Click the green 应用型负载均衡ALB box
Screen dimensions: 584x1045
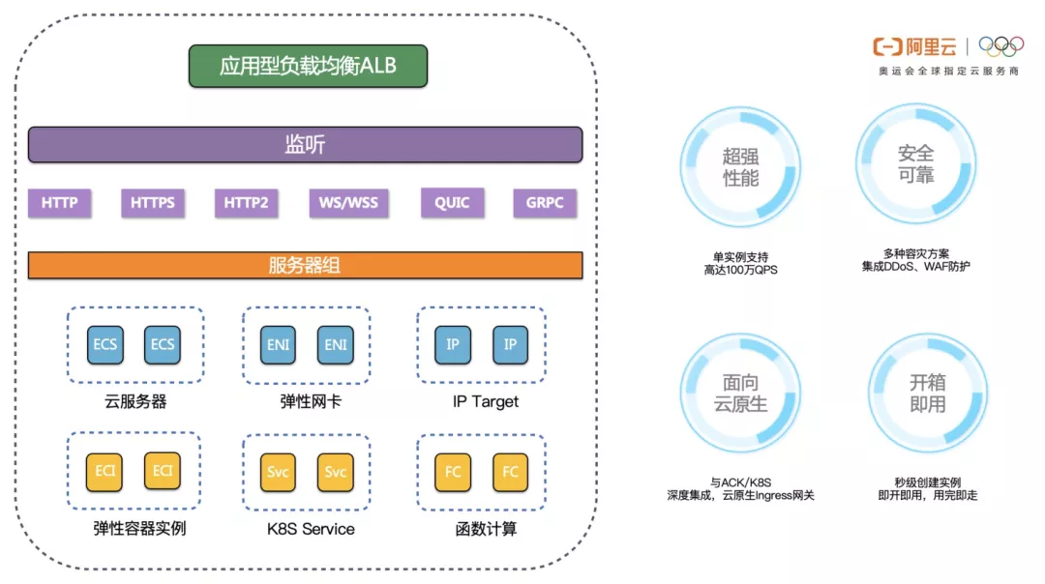point(308,66)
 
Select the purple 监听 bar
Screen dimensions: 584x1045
point(305,145)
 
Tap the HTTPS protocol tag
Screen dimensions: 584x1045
point(153,203)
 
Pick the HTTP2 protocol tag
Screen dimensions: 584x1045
point(246,203)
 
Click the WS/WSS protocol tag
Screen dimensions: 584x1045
point(348,203)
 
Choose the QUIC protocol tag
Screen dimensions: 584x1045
point(452,203)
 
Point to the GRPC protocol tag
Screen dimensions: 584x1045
point(545,203)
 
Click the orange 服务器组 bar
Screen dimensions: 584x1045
point(305,265)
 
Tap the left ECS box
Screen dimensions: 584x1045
point(105,344)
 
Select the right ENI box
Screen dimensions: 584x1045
point(336,344)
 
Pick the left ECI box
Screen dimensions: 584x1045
point(104,472)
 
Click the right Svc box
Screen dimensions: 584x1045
point(336,472)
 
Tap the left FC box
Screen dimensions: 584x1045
point(453,472)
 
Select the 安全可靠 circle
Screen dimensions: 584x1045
point(915,164)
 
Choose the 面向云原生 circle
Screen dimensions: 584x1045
point(740,393)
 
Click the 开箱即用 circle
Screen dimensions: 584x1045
point(927,393)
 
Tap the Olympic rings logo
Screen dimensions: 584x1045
point(1000,46)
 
